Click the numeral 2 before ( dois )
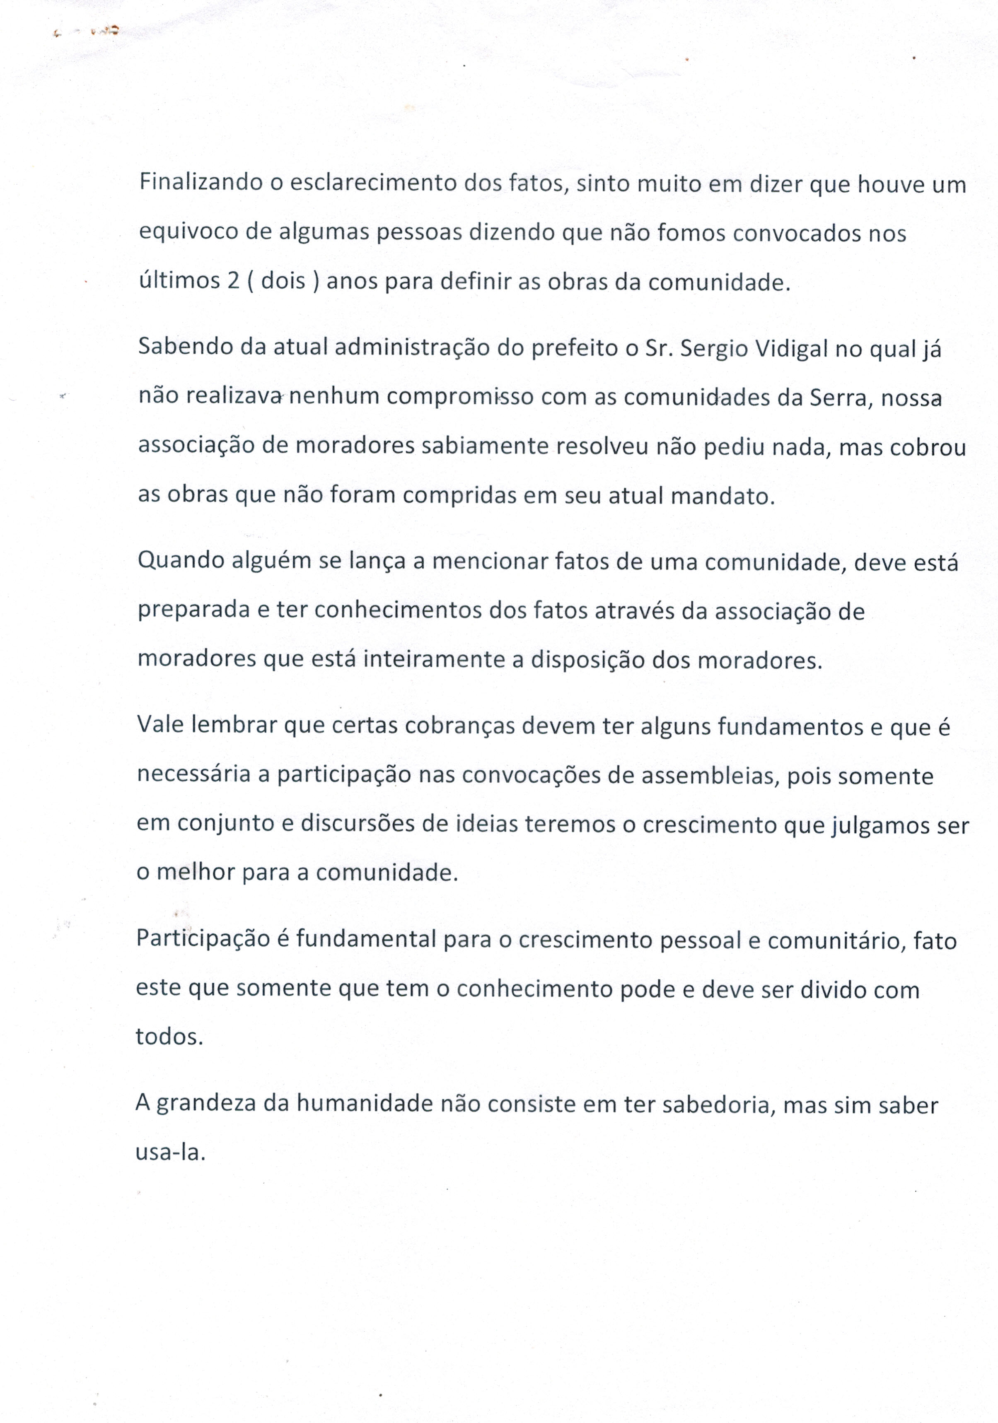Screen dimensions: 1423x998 pyautogui.click(x=233, y=281)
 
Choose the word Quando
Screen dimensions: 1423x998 pyautogui.click(x=181, y=561)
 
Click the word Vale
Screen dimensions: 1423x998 pyautogui.click(x=160, y=724)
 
